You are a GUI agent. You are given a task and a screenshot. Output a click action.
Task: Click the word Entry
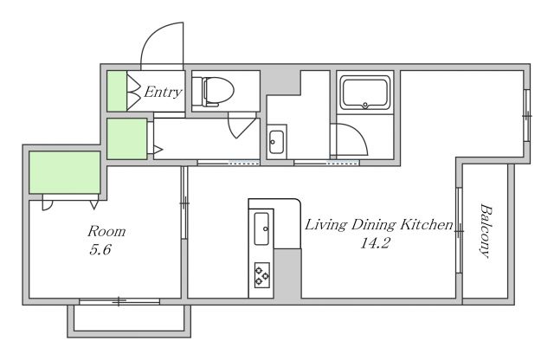click(x=163, y=92)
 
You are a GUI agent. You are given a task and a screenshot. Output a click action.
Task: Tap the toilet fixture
click(x=218, y=92)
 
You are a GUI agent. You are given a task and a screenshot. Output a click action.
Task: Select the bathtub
click(x=365, y=93)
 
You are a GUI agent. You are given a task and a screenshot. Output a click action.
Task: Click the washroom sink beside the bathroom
click(x=276, y=142)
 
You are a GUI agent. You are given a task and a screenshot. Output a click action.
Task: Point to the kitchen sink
click(x=261, y=228)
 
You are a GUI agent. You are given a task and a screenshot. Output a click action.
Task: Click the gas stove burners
click(x=262, y=275)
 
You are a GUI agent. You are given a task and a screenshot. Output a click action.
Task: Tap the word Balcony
click(x=486, y=231)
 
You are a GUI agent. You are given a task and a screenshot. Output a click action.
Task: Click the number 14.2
click(x=375, y=243)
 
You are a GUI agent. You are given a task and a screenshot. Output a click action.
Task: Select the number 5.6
click(x=100, y=250)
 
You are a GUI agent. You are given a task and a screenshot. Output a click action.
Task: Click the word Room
click(x=106, y=231)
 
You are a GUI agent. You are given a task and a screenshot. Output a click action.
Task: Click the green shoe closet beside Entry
click(x=117, y=91)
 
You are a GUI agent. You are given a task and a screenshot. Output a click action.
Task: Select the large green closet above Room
click(x=65, y=172)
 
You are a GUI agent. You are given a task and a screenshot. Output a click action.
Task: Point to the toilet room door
click(x=242, y=125)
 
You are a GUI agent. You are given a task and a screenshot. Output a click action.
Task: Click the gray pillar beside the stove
click(x=287, y=273)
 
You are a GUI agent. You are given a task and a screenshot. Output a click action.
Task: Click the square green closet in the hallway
click(x=127, y=138)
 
